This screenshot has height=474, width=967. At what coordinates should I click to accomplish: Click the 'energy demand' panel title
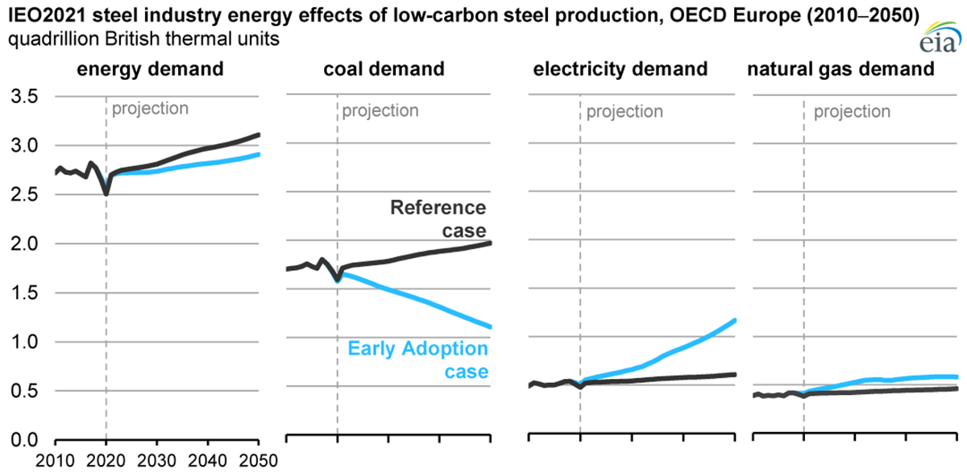click(151, 69)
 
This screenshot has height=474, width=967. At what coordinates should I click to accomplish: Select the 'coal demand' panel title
click(384, 69)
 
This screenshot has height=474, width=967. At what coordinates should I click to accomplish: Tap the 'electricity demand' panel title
click(620, 69)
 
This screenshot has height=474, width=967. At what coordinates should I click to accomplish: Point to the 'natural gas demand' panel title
click(840, 69)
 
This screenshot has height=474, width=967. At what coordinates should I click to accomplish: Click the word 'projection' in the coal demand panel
click(380, 110)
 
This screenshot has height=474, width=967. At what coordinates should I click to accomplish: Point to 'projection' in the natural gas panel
click(852, 111)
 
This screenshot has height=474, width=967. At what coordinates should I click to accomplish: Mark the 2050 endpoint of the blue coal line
click(491, 326)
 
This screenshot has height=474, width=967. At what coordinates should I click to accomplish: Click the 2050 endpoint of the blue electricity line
click(734, 320)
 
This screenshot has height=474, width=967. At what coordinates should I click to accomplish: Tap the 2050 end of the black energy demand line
click(258, 135)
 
